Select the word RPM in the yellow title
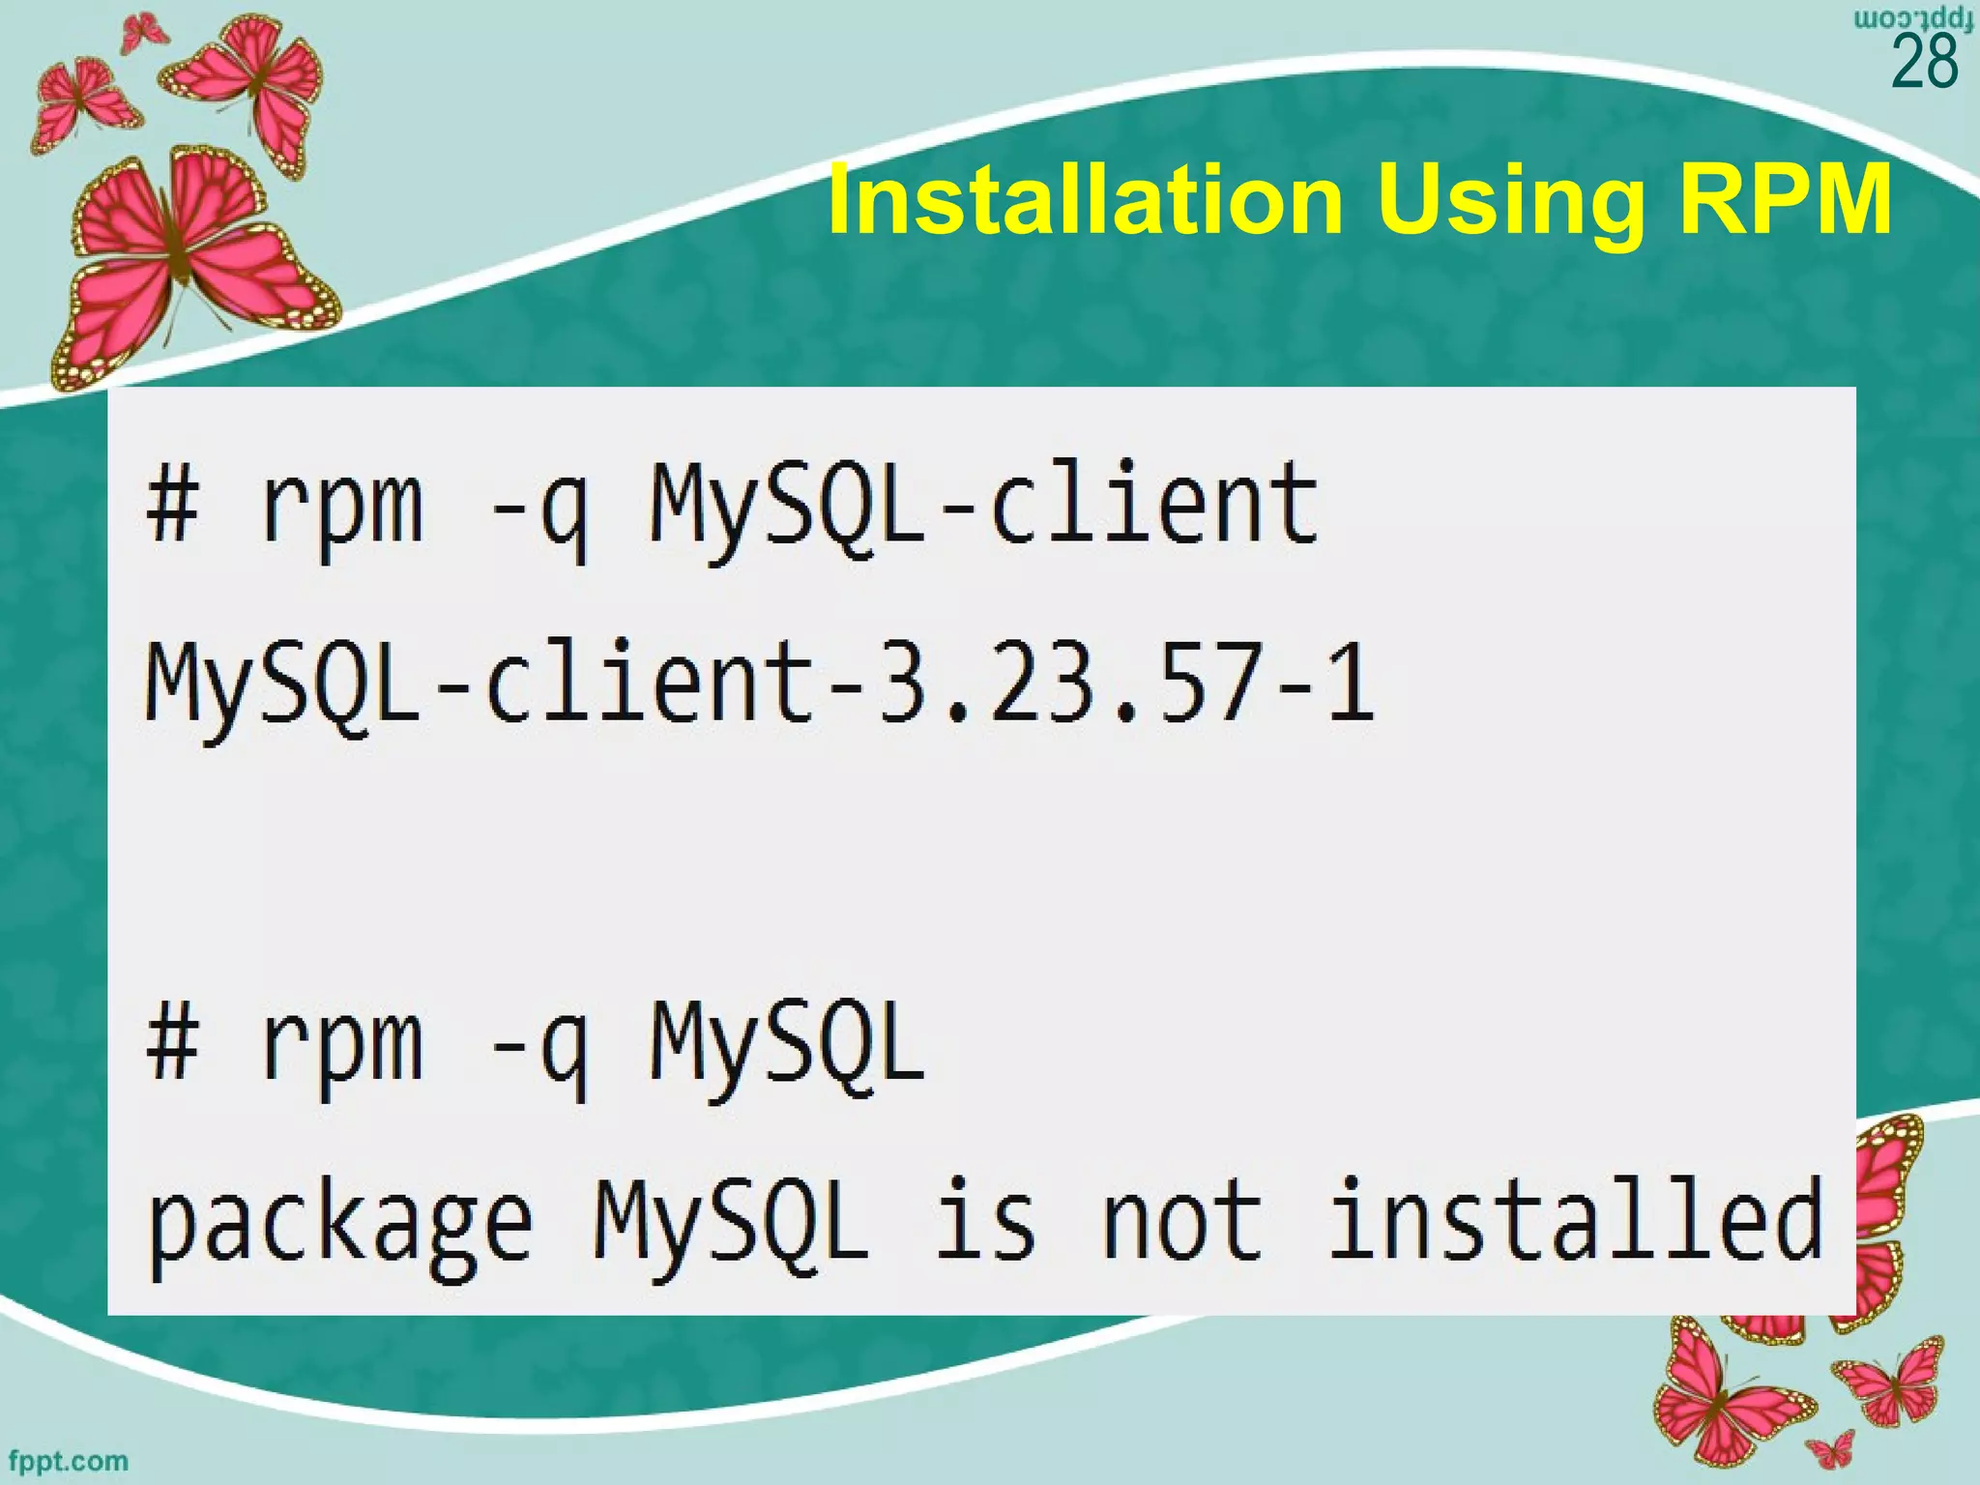(x=1785, y=201)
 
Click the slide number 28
(x=1924, y=62)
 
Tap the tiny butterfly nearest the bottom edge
(x=1831, y=1450)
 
